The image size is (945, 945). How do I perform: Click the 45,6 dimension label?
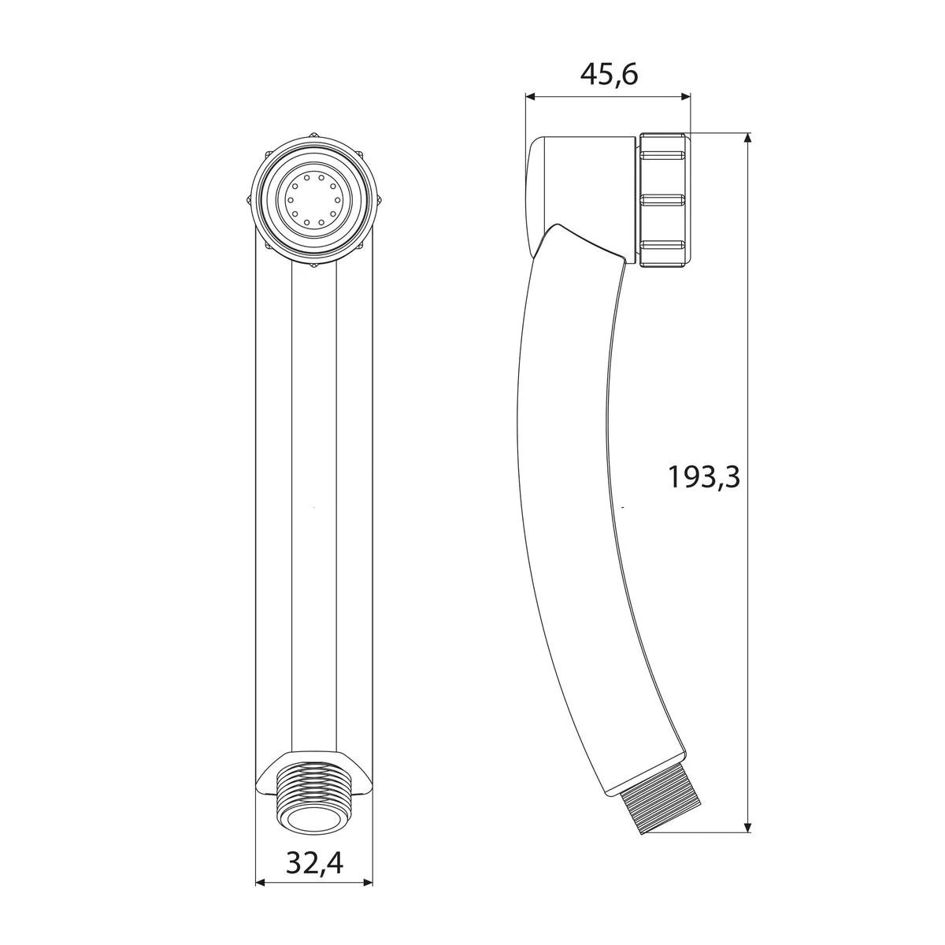609,75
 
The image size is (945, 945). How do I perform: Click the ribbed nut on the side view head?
664,200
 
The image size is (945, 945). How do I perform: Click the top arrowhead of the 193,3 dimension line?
747,139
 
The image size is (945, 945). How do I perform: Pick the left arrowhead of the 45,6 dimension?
532,97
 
